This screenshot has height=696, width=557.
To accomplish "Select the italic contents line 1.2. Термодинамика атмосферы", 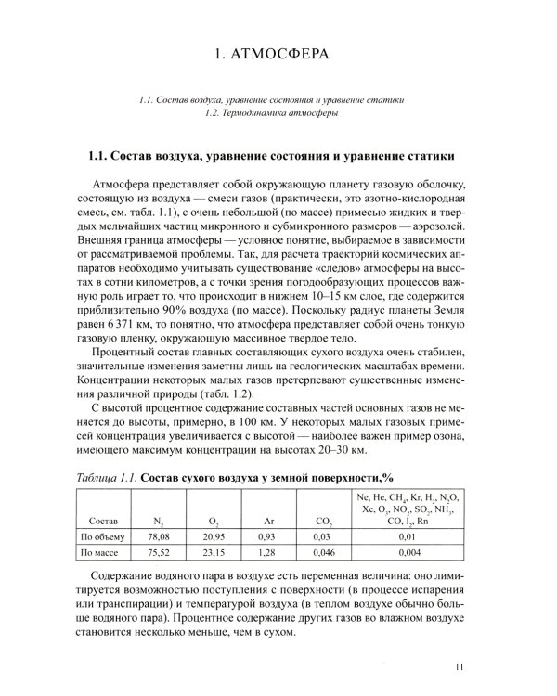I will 278,113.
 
